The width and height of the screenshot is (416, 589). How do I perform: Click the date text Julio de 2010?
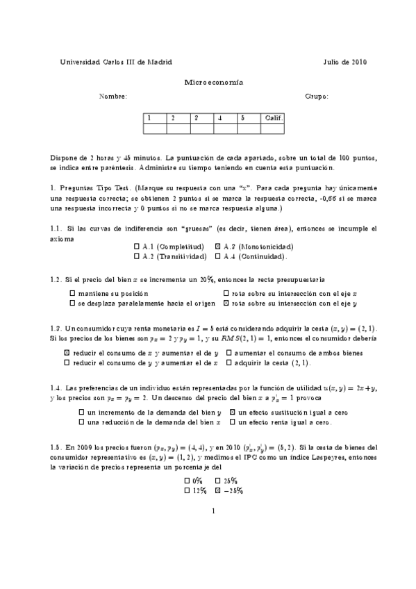[344, 62]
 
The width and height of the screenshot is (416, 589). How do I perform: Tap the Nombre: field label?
[113, 97]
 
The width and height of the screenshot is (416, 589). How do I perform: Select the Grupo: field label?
[317, 97]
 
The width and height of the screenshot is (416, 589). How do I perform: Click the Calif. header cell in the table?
[272, 118]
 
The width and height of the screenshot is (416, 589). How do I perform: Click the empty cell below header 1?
[156, 128]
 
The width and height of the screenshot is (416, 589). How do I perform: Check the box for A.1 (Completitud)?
[136, 247]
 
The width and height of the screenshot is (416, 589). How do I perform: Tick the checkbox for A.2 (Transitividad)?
[136, 256]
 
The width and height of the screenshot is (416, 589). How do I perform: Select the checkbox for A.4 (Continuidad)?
[218, 256]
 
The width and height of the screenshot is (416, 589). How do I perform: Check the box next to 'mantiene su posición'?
[73, 294]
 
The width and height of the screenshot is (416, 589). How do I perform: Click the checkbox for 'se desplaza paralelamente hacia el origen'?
[73, 304]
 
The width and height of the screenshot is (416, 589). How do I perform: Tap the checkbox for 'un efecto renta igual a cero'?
[233, 422]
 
